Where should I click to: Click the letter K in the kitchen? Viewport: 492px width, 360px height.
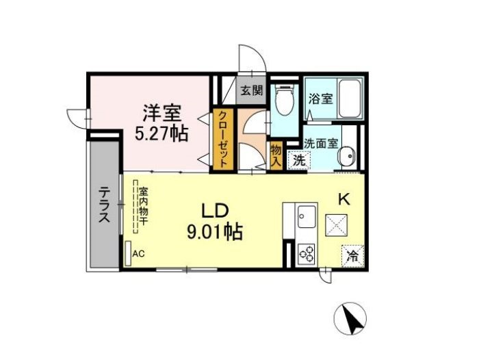click(345, 199)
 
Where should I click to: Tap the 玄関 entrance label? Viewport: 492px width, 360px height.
click(251, 90)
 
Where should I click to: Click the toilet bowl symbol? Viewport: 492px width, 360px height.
click(283, 101)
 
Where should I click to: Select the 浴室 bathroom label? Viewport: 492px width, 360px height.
click(320, 99)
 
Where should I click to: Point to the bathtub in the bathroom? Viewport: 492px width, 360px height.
click(350, 99)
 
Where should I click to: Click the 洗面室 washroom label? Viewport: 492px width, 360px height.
click(320, 144)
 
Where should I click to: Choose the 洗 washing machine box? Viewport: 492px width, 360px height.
click(298, 162)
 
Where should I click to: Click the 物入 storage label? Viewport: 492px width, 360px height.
click(276, 155)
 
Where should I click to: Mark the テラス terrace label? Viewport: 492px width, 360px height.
click(104, 205)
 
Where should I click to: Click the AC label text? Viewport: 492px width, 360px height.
click(139, 254)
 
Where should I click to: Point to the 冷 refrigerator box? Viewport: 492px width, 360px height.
click(352, 257)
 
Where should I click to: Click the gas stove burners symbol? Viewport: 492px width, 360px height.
click(306, 254)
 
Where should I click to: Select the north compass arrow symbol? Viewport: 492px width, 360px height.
click(351, 318)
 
